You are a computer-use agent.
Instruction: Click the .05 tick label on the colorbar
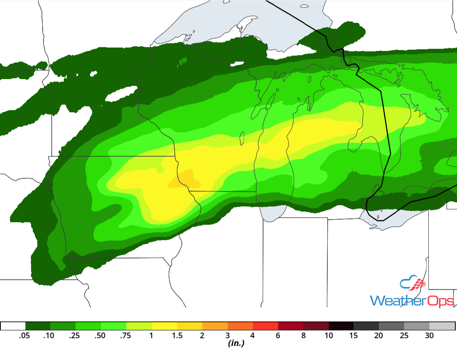point(25,336)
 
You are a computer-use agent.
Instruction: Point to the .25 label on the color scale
point(75,336)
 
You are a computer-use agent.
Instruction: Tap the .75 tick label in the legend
point(126,336)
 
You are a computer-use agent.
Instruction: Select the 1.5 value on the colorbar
point(177,336)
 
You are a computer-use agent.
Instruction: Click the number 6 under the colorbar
point(278,336)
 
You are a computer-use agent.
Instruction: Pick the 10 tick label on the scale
point(329,336)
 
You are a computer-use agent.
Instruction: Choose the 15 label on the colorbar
point(354,336)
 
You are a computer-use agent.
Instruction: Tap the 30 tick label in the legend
point(429,336)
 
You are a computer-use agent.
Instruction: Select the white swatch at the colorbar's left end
point(13,326)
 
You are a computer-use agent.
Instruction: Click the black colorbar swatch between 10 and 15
point(341,326)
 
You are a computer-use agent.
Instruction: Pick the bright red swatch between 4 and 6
point(265,326)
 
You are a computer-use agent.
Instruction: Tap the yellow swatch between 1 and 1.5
point(164,326)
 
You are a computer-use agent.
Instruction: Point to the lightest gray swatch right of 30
point(442,326)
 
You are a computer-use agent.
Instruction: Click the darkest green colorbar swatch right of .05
point(38,326)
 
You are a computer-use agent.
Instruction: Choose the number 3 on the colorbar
point(227,336)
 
